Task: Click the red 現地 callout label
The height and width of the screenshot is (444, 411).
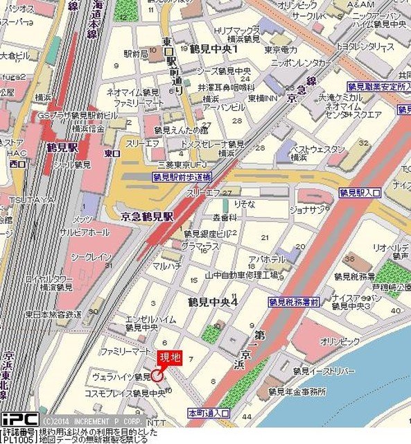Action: point(170,357)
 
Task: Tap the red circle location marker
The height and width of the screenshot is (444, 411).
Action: point(157,375)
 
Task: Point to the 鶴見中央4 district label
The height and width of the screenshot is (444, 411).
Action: point(212,302)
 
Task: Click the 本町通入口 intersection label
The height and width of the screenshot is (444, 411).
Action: point(209,412)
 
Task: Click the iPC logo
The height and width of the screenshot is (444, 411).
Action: point(19,419)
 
